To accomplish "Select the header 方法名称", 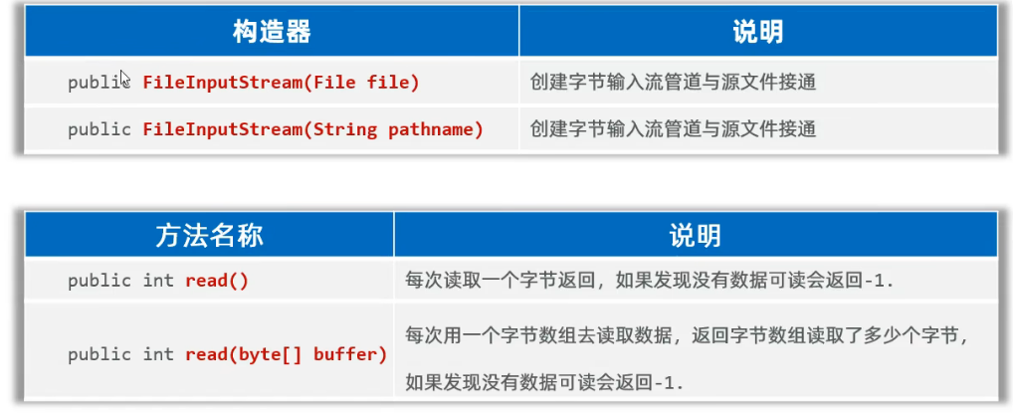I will click(x=209, y=236).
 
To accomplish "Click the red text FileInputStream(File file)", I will click(x=281, y=83).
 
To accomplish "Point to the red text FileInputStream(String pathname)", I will click(x=312, y=129).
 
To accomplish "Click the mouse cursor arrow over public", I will click(x=124, y=78).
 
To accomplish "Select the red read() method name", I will click(x=216, y=281).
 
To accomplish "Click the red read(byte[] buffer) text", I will click(x=286, y=354).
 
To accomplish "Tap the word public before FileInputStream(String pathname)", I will click(x=100, y=129).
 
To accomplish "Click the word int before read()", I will click(x=158, y=281).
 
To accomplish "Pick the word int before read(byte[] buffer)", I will click(x=158, y=354).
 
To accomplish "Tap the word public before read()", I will click(x=100, y=281).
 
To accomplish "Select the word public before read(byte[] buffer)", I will click(x=100, y=354).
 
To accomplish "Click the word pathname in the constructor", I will click(x=435, y=129).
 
